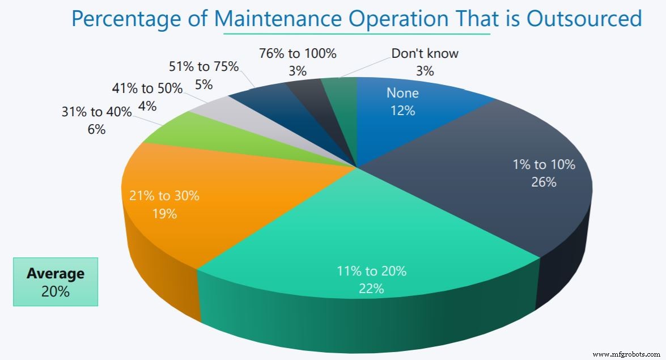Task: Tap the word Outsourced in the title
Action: (584, 19)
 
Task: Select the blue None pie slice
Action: (419, 113)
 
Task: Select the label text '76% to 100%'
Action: (298, 54)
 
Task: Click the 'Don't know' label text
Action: (425, 54)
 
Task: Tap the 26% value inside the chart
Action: (544, 182)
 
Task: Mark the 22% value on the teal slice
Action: (371, 289)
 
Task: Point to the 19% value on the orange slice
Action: (164, 214)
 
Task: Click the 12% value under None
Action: (402, 111)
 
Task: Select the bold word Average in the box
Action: (56, 273)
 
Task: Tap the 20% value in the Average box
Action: (56, 291)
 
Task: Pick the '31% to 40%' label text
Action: (96, 112)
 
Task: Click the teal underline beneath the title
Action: (357, 34)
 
